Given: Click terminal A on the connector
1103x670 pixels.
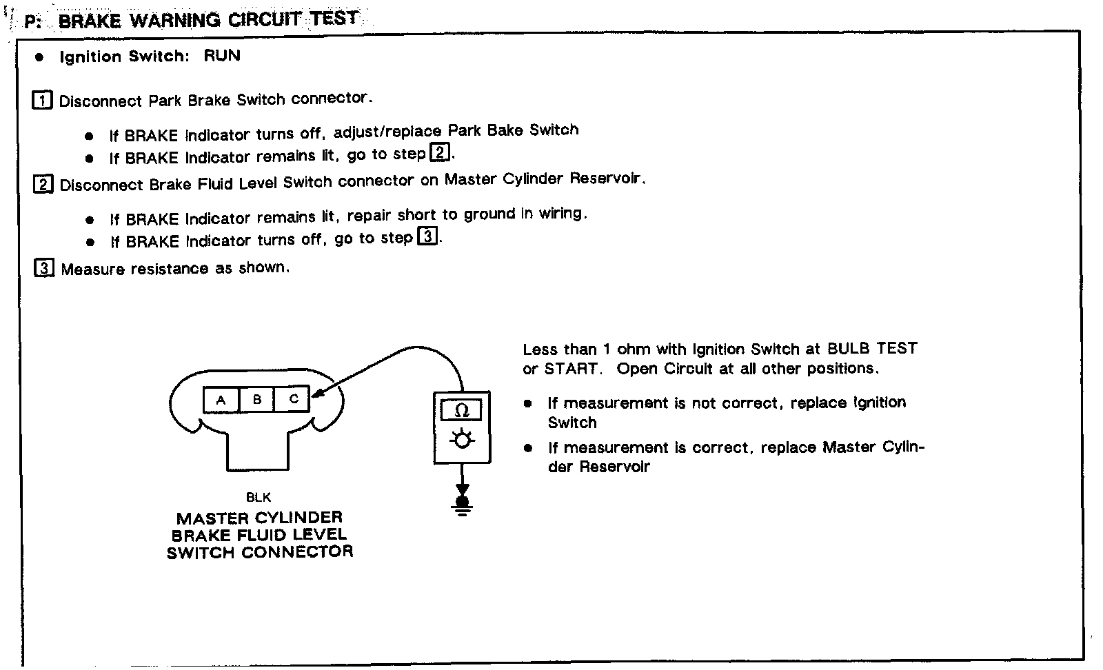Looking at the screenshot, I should [221, 400].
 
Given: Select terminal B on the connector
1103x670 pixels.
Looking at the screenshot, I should [257, 399].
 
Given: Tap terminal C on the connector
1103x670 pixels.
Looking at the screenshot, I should [293, 399].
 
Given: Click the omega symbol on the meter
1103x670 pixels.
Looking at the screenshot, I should [463, 411].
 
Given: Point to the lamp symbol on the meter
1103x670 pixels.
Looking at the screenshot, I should [462, 439].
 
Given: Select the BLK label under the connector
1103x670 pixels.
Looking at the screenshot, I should [259, 497].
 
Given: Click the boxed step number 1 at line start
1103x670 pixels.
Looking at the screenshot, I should [42, 101].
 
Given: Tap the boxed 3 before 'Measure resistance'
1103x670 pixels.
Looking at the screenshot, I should [43, 268].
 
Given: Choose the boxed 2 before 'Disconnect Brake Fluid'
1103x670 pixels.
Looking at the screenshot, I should [43, 185].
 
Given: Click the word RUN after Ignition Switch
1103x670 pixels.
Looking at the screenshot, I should [222, 56].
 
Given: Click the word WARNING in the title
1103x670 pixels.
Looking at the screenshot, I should [176, 20].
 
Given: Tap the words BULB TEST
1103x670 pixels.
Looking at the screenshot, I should [872, 348].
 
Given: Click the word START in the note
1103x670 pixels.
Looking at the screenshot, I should [571, 369].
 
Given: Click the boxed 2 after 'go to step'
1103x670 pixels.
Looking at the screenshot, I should [438, 152].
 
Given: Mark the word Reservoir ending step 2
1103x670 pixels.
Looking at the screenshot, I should [607, 179].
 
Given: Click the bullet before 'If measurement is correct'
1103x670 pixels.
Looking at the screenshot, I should [528, 448].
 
